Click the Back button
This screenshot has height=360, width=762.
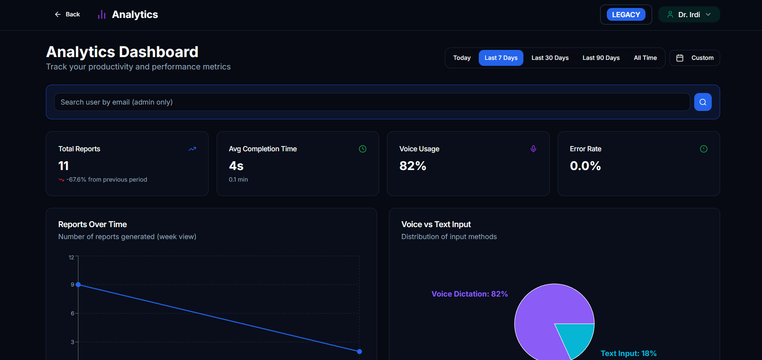(67, 14)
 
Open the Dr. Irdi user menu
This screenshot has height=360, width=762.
(689, 14)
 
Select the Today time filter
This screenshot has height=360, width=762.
(462, 58)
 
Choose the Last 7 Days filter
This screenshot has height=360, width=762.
(501, 58)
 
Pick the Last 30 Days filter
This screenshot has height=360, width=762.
(550, 58)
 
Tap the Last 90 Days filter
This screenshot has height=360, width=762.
(601, 58)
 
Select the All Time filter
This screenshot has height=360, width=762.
(645, 58)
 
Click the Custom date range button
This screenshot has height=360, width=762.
(695, 58)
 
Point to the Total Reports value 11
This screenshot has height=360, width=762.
(63, 166)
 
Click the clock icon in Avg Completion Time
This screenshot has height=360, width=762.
(362, 149)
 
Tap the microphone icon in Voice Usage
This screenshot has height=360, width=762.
(533, 149)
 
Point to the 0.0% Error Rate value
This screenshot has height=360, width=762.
(585, 166)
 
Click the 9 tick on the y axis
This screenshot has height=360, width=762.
(72, 285)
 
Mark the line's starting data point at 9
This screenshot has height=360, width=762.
(79, 285)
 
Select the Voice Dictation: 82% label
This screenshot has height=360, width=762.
(469, 294)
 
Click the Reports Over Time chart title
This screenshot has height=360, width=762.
(93, 224)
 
